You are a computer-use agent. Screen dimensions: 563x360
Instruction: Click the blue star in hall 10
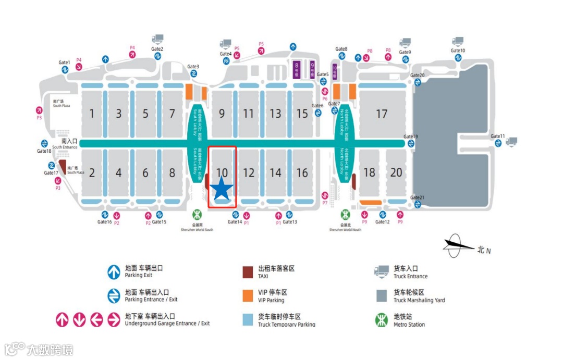tap(222, 189)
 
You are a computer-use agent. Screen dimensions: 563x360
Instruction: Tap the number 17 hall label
tap(382, 114)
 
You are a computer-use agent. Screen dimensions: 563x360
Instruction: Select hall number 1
tap(92, 114)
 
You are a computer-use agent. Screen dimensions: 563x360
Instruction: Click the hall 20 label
tap(396, 172)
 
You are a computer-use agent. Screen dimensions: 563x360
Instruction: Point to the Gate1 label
tap(64, 63)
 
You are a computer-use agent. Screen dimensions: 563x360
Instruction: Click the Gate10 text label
tap(458, 51)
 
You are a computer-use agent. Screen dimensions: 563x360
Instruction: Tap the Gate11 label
tap(498, 136)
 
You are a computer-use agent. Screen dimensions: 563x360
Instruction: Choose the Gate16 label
tap(105, 222)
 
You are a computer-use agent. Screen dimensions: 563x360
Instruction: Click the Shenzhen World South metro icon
tap(197, 215)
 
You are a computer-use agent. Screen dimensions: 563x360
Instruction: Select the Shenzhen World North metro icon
tap(346, 215)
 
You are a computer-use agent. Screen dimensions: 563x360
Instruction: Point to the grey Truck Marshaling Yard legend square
tap(382, 295)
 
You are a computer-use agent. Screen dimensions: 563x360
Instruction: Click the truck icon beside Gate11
tap(511, 141)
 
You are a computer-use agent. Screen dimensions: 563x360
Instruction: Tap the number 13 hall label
tap(275, 114)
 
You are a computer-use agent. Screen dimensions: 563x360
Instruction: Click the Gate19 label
tap(411, 137)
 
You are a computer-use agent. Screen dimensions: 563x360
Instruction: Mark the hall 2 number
tap(92, 173)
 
